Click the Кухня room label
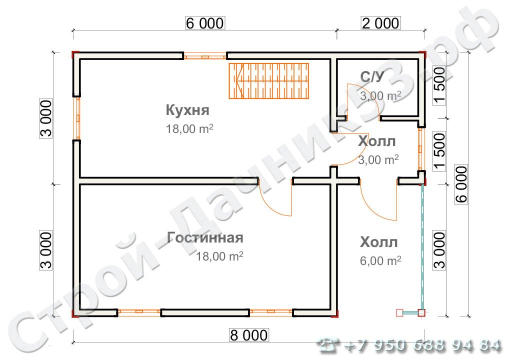point(187,109)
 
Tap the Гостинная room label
point(205,238)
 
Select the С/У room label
point(372,76)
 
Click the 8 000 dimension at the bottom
point(248,334)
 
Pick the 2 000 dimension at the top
point(380,23)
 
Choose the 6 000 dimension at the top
point(205,23)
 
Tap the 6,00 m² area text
point(380,260)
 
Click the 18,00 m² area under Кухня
point(189,128)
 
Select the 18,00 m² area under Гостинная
point(219,256)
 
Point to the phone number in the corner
point(409,344)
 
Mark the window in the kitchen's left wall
point(77,118)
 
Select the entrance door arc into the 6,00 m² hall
point(377,205)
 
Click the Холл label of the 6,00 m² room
point(378,243)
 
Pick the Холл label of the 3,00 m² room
point(376,141)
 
